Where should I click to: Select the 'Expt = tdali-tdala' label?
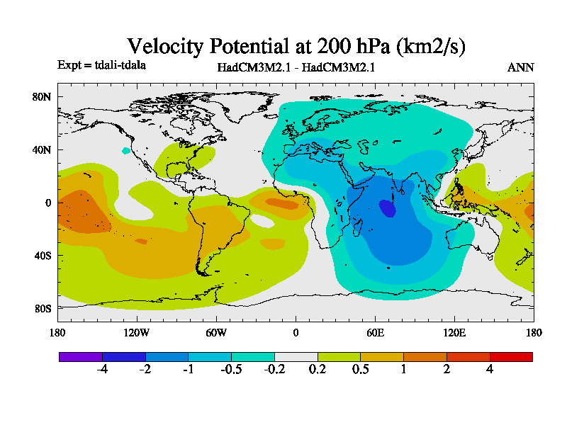[x=101, y=66]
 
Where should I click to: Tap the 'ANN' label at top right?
[x=521, y=68]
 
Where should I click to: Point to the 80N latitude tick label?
[x=43, y=97]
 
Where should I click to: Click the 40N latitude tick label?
[x=43, y=150]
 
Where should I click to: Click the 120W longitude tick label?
[x=137, y=332]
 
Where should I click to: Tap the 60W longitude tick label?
[x=216, y=332]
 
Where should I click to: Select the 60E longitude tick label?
[x=376, y=332]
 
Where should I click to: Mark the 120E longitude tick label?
[x=454, y=332]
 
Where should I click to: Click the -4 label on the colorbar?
[x=102, y=370]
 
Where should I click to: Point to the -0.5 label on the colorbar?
[x=230, y=370]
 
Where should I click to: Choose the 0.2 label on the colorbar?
[x=318, y=370]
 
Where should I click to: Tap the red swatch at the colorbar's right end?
[x=511, y=357]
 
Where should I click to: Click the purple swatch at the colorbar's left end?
[x=80, y=357]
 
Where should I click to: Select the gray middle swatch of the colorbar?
[x=296, y=357]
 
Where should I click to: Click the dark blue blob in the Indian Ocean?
[x=388, y=209]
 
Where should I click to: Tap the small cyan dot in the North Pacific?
[x=126, y=150]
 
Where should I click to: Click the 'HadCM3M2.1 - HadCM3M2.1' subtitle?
[x=296, y=68]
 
